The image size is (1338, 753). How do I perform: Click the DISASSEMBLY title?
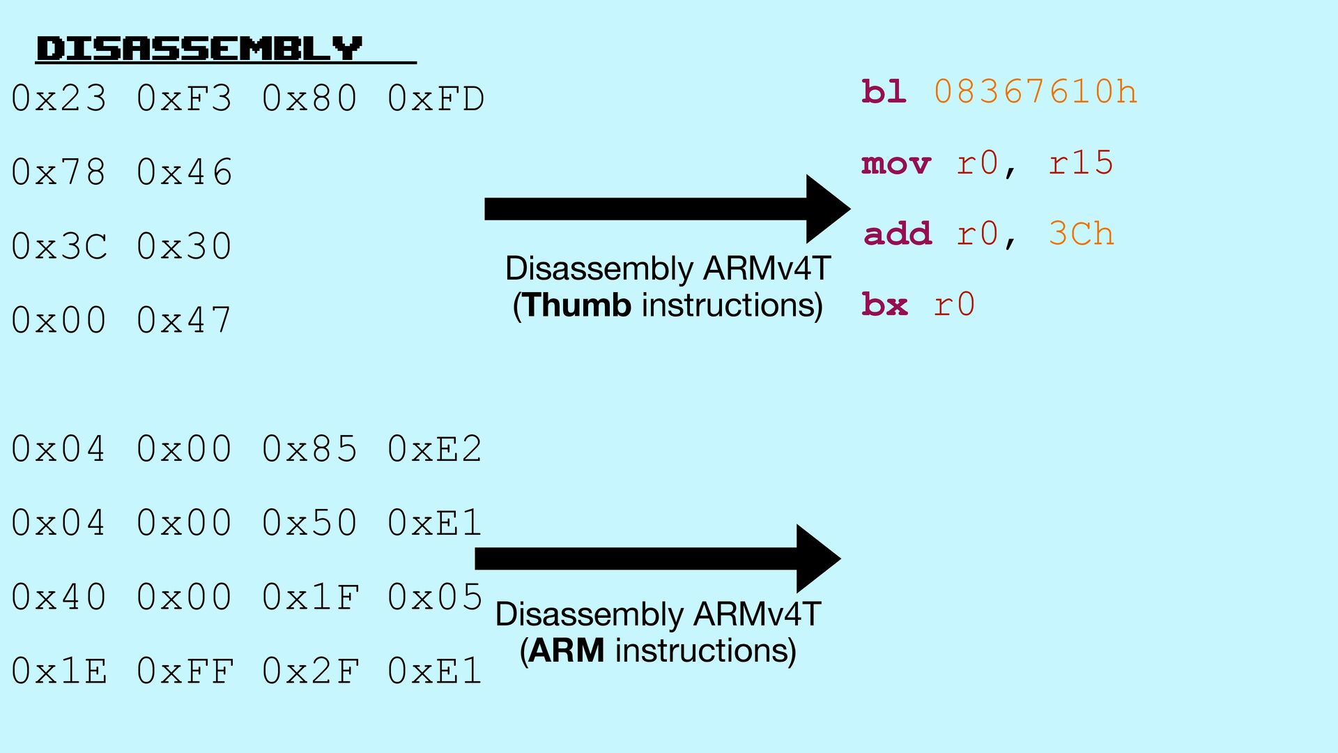(199, 49)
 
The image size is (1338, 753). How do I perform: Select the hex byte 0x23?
(59, 98)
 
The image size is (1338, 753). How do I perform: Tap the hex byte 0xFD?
(436, 98)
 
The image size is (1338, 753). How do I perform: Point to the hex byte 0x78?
(59, 172)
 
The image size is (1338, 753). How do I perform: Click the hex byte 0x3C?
(59, 246)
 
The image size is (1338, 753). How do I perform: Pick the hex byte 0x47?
(184, 320)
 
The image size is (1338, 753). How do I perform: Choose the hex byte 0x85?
(310, 449)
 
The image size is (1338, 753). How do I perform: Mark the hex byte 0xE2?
(435, 449)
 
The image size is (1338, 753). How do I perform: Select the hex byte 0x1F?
(311, 597)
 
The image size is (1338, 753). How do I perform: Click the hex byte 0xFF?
(185, 671)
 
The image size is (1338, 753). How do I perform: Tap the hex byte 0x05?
(435, 597)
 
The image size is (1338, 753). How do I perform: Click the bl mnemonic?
(884, 92)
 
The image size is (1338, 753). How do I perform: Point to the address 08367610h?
(1036, 92)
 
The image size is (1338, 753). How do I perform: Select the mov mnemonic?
(896, 164)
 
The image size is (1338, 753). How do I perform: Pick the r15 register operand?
(1081, 163)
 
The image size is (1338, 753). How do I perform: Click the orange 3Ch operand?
(1081, 234)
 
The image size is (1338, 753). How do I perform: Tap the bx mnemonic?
(884, 305)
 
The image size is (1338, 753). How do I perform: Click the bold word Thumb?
(577, 305)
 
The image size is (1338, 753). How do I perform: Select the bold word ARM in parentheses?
(567, 651)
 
